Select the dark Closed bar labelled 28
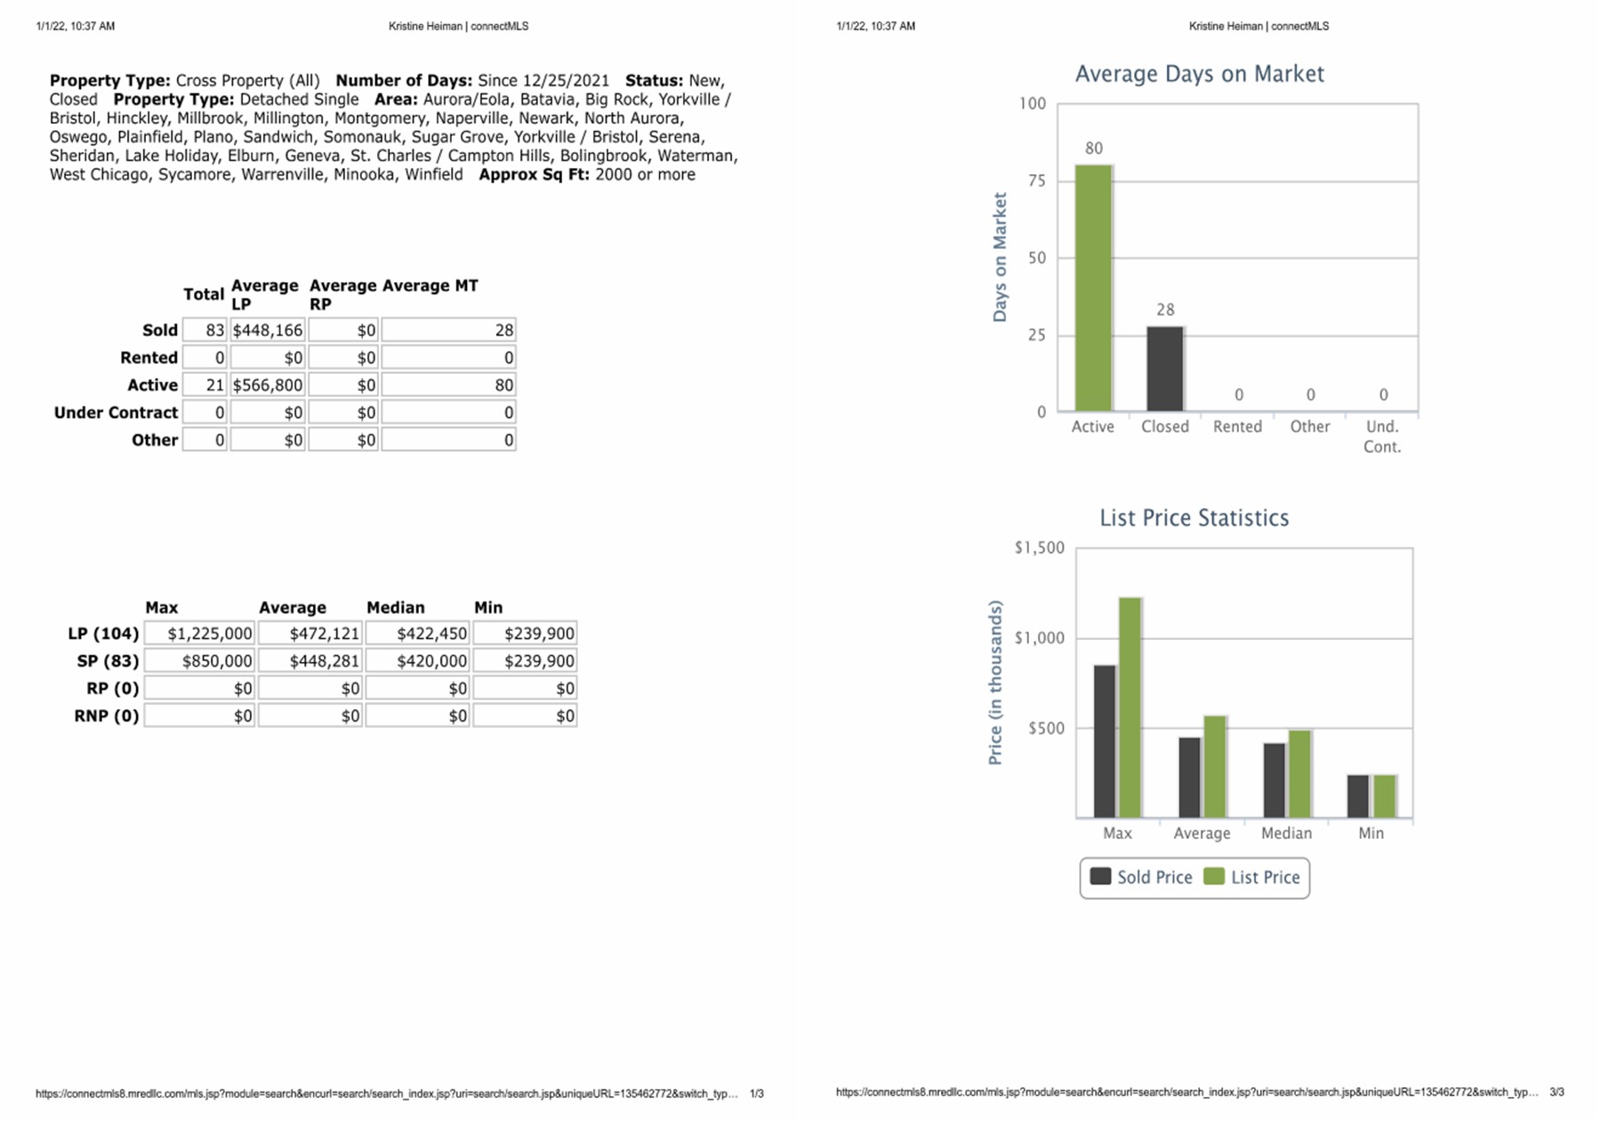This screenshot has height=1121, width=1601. [x=1164, y=368]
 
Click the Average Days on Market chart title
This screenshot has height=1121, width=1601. [x=1199, y=74]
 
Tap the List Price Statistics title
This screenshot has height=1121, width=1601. [x=1194, y=518]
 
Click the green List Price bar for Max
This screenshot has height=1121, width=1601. [x=1130, y=707]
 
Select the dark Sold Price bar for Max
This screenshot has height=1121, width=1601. [x=1105, y=741]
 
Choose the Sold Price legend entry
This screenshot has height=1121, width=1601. [x=1141, y=877]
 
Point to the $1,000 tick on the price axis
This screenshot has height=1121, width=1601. [x=1039, y=638]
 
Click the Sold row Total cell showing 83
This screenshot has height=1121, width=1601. [x=205, y=330]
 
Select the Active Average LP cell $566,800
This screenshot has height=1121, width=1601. [x=268, y=385]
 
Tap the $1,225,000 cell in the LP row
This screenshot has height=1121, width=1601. [x=200, y=633]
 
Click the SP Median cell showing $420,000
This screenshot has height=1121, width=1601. [x=417, y=661]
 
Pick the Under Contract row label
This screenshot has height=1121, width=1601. [x=116, y=413]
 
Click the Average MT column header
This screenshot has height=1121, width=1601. [x=430, y=286]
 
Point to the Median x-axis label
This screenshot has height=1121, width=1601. [x=1286, y=833]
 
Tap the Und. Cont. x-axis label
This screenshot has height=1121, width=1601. [x=1381, y=436]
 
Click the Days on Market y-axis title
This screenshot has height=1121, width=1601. [x=1000, y=257]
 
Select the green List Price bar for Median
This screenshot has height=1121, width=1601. [x=1299, y=774]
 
